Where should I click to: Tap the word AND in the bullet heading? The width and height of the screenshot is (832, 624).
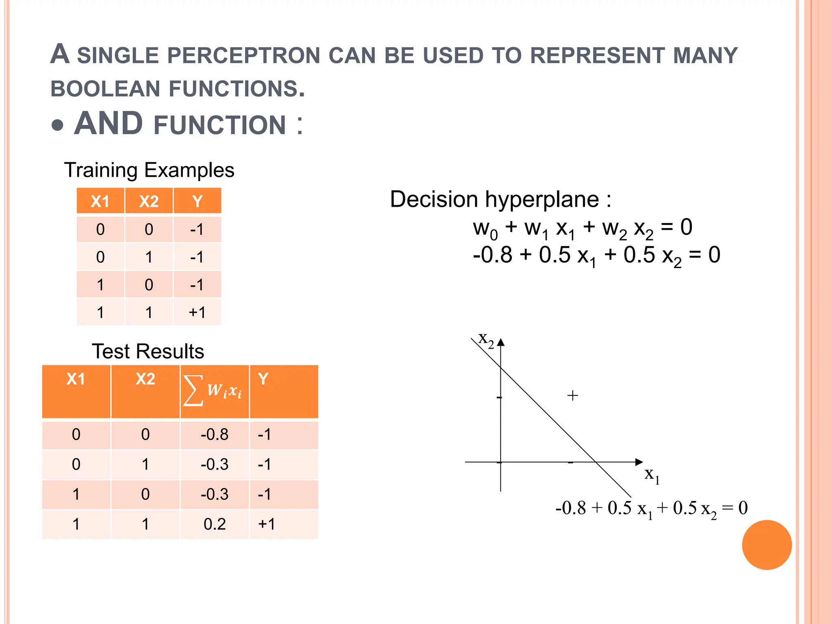[x=108, y=123]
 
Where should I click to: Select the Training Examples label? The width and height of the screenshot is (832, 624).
[x=149, y=170]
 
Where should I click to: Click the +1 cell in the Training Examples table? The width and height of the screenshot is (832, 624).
[x=197, y=312]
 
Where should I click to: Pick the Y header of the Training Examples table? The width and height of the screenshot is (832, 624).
[x=197, y=201]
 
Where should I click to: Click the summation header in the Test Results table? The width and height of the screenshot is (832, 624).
[x=214, y=391]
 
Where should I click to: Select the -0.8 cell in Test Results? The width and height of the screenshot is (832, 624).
[x=214, y=435]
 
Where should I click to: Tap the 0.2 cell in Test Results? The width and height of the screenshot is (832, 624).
[x=214, y=524]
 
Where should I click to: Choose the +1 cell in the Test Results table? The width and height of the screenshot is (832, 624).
[x=266, y=524]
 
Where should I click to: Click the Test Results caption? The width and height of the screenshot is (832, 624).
[x=148, y=351]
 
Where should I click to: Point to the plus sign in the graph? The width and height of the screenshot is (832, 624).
[x=572, y=395]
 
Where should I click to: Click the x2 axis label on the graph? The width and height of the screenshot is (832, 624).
[x=486, y=340]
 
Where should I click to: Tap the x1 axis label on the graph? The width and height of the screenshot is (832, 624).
[x=652, y=475]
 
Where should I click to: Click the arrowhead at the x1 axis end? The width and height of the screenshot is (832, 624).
[x=639, y=462]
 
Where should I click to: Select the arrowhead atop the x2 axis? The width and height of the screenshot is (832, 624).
[x=501, y=342]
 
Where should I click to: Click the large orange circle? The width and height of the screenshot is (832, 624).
[x=767, y=545]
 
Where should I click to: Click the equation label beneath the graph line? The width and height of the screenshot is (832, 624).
[x=651, y=509]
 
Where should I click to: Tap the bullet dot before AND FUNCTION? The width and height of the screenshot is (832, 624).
[x=58, y=125]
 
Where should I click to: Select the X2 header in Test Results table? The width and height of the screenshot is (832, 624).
[x=145, y=379]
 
